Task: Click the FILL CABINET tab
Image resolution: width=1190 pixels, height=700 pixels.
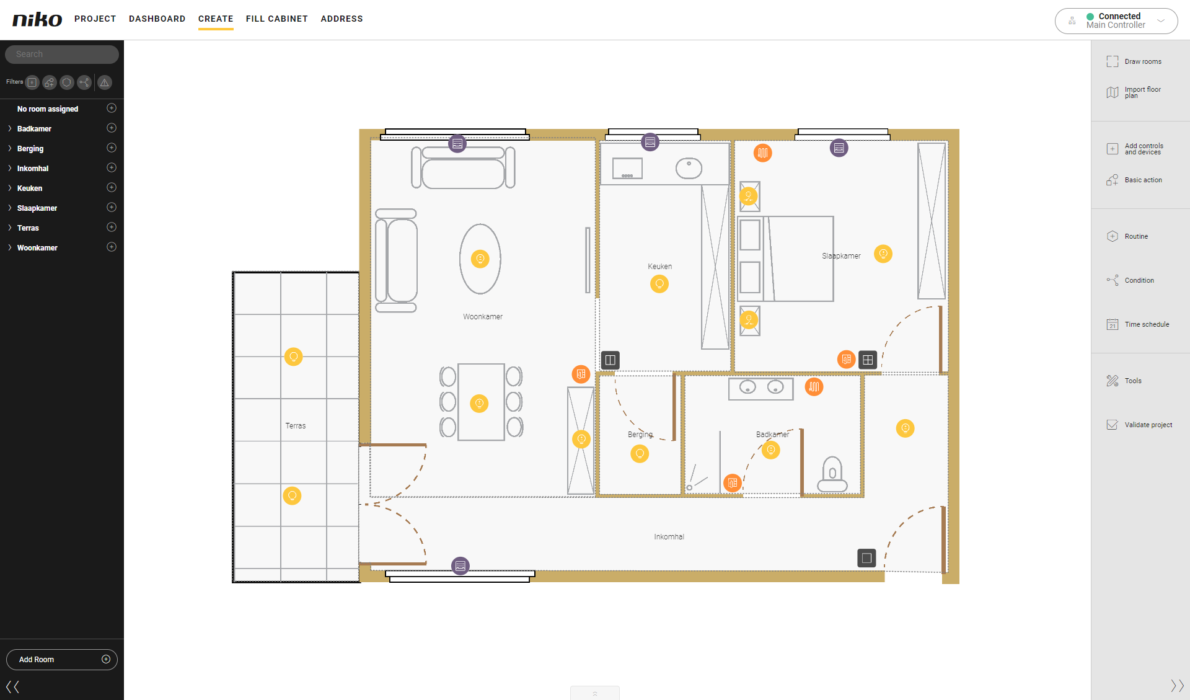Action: pos(276,19)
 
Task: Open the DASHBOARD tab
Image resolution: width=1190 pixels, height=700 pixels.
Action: pos(157,19)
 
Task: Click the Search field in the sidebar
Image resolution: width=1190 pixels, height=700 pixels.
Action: pos(62,54)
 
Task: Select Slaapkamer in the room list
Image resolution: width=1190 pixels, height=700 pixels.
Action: pos(37,208)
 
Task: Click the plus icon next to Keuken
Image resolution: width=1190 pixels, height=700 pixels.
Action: pos(112,187)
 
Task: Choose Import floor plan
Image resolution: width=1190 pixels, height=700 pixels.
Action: pos(1134,92)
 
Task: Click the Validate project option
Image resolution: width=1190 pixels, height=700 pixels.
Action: pos(1139,425)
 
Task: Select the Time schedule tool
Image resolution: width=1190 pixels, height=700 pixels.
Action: pos(1138,324)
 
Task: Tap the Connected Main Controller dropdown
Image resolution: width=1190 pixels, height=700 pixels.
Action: pos(1116,20)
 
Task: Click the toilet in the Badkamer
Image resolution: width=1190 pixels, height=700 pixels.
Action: pos(832,474)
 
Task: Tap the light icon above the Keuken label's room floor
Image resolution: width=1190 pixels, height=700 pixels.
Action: pos(659,284)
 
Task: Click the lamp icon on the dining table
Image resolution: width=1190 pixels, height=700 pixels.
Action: pos(479,404)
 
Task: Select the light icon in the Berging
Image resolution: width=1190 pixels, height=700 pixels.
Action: pos(640,454)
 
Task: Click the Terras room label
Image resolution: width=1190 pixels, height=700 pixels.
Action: pos(296,426)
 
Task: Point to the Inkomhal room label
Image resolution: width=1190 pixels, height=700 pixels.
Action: pos(669,537)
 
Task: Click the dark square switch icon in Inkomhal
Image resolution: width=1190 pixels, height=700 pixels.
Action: pos(866,558)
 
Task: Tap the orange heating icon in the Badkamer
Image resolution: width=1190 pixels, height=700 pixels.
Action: pos(814,387)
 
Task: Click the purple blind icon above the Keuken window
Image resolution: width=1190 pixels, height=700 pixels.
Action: pos(650,142)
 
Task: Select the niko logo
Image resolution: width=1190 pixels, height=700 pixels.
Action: pos(37,19)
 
